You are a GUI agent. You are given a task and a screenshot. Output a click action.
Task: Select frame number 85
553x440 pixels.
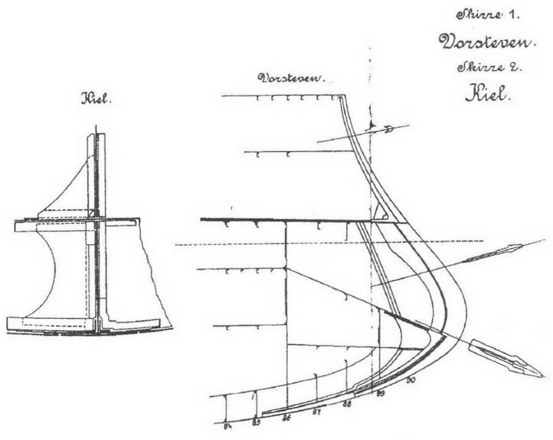coord(257,422)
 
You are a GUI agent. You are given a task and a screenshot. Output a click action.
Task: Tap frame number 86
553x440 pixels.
coord(287,417)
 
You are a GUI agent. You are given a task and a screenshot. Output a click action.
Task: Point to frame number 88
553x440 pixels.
coord(348,402)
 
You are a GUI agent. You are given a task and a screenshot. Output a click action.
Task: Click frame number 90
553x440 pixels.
coord(411,379)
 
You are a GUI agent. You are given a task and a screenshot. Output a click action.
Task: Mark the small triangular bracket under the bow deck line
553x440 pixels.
coord(378,209)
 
